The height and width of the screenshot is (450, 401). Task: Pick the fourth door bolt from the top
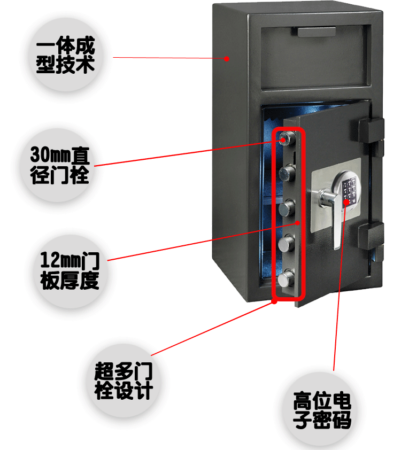pyautogui.click(x=287, y=243)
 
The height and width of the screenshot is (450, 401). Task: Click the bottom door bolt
pyautogui.click(x=287, y=278)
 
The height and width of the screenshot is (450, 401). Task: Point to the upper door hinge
pyautogui.click(x=370, y=131)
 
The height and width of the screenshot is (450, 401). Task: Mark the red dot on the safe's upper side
pyautogui.click(x=227, y=59)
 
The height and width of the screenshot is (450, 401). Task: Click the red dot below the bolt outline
pyautogui.click(x=275, y=301)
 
